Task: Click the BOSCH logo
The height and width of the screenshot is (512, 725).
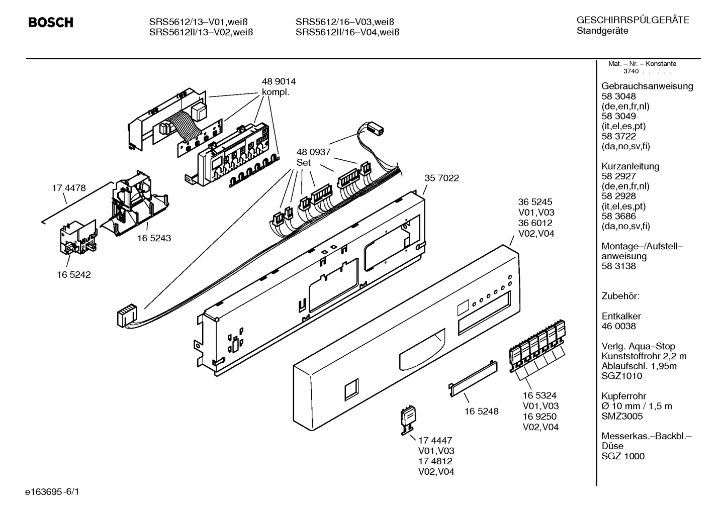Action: pos(50,22)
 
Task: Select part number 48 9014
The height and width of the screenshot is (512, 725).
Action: pos(279,81)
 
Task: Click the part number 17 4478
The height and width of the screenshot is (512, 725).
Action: pos(69,188)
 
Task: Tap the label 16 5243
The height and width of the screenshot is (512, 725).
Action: pos(154,238)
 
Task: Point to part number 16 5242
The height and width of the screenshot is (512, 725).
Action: pos(74,275)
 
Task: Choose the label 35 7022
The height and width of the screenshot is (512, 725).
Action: pos(441,178)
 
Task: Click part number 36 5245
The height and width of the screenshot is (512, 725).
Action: pos(536,202)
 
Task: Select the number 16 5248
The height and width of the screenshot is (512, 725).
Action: pos(481,411)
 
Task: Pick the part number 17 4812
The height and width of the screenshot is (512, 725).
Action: pos(435,461)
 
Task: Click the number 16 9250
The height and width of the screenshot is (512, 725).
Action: pos(539,417)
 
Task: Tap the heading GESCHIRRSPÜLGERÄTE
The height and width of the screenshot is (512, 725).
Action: pos(632,20)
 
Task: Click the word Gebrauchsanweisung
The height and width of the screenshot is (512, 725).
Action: pos(647,86)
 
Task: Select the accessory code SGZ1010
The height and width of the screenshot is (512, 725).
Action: pos(621,376)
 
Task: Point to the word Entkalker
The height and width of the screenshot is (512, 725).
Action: pos(621,316)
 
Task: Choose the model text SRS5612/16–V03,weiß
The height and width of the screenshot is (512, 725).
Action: pos(344,22)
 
